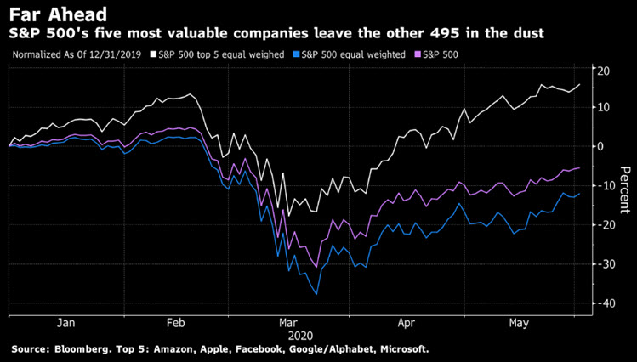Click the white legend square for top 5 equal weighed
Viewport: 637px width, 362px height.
click(x=152, y=54)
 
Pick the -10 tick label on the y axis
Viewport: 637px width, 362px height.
click(x=603, y=185)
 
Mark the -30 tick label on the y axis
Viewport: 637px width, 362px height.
click(x=603, y=264)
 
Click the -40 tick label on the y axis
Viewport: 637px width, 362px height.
click(x=603, y=303)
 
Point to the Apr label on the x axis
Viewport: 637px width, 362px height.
click(x=407, y=323)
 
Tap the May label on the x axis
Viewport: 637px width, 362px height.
click(x=517, y=323)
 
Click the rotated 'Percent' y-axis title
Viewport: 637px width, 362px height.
click(x=625, y=186)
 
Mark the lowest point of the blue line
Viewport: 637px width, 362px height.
click(x=316, y=294)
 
